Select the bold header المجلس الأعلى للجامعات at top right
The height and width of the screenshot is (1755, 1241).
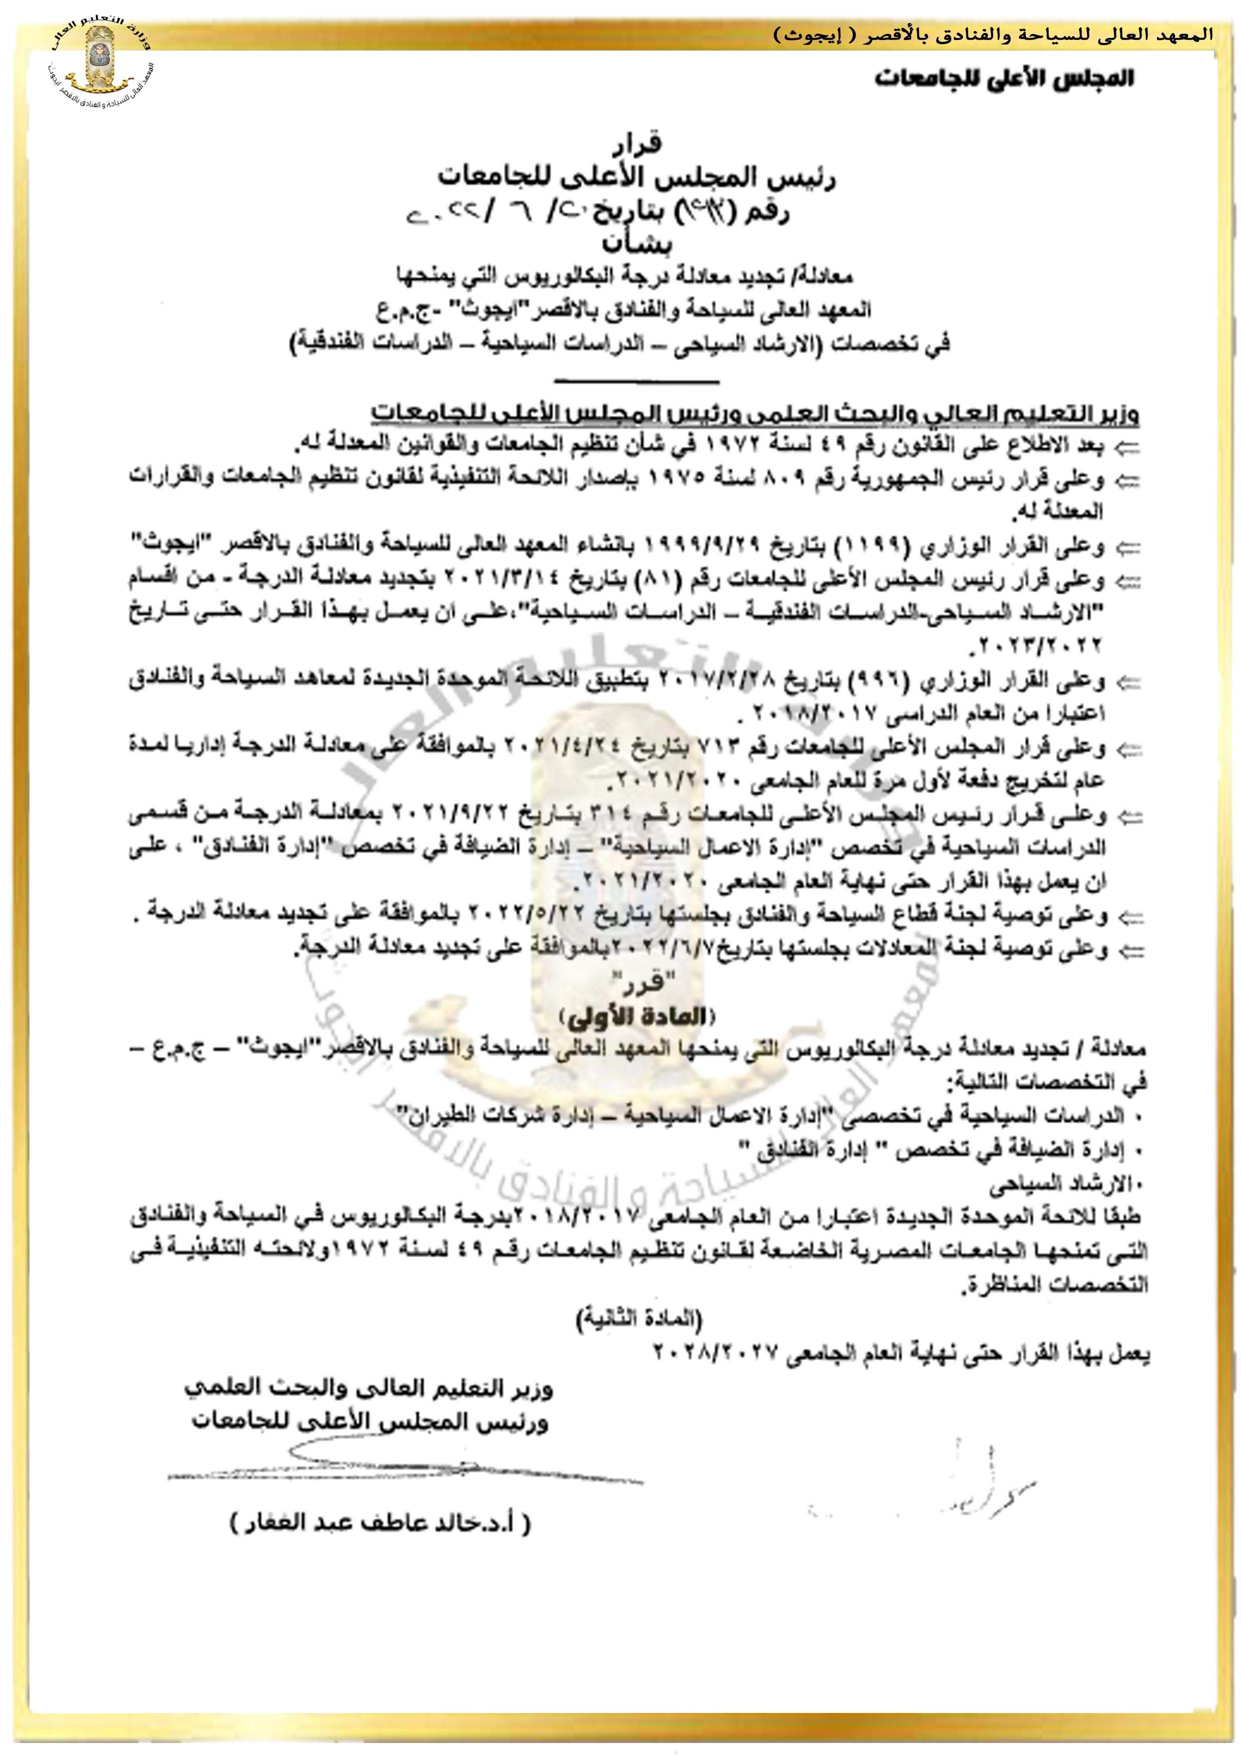tap(1004, 79)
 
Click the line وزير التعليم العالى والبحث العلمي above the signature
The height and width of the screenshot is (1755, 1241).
tap(369, 1388)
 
